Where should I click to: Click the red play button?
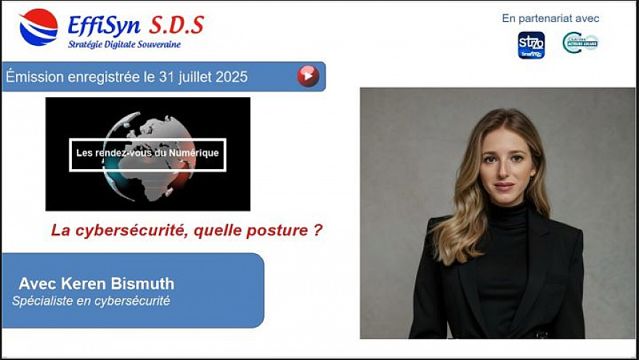coord(309,76)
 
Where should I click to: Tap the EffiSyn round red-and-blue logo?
coord(38,28)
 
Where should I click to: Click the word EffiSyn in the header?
coord(104,25)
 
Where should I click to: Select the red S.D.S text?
coord(176,25)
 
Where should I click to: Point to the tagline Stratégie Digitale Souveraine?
coord(124,44)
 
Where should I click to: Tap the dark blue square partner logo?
coord(531,45)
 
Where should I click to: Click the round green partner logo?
coord(580,43)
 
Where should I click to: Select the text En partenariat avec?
coord(550,18)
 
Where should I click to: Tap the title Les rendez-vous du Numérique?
coord(147,153)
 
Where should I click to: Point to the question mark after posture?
coord(318,231)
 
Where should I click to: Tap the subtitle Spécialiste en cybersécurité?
coord(91,300)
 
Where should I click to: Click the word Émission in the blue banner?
coord(32,77)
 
